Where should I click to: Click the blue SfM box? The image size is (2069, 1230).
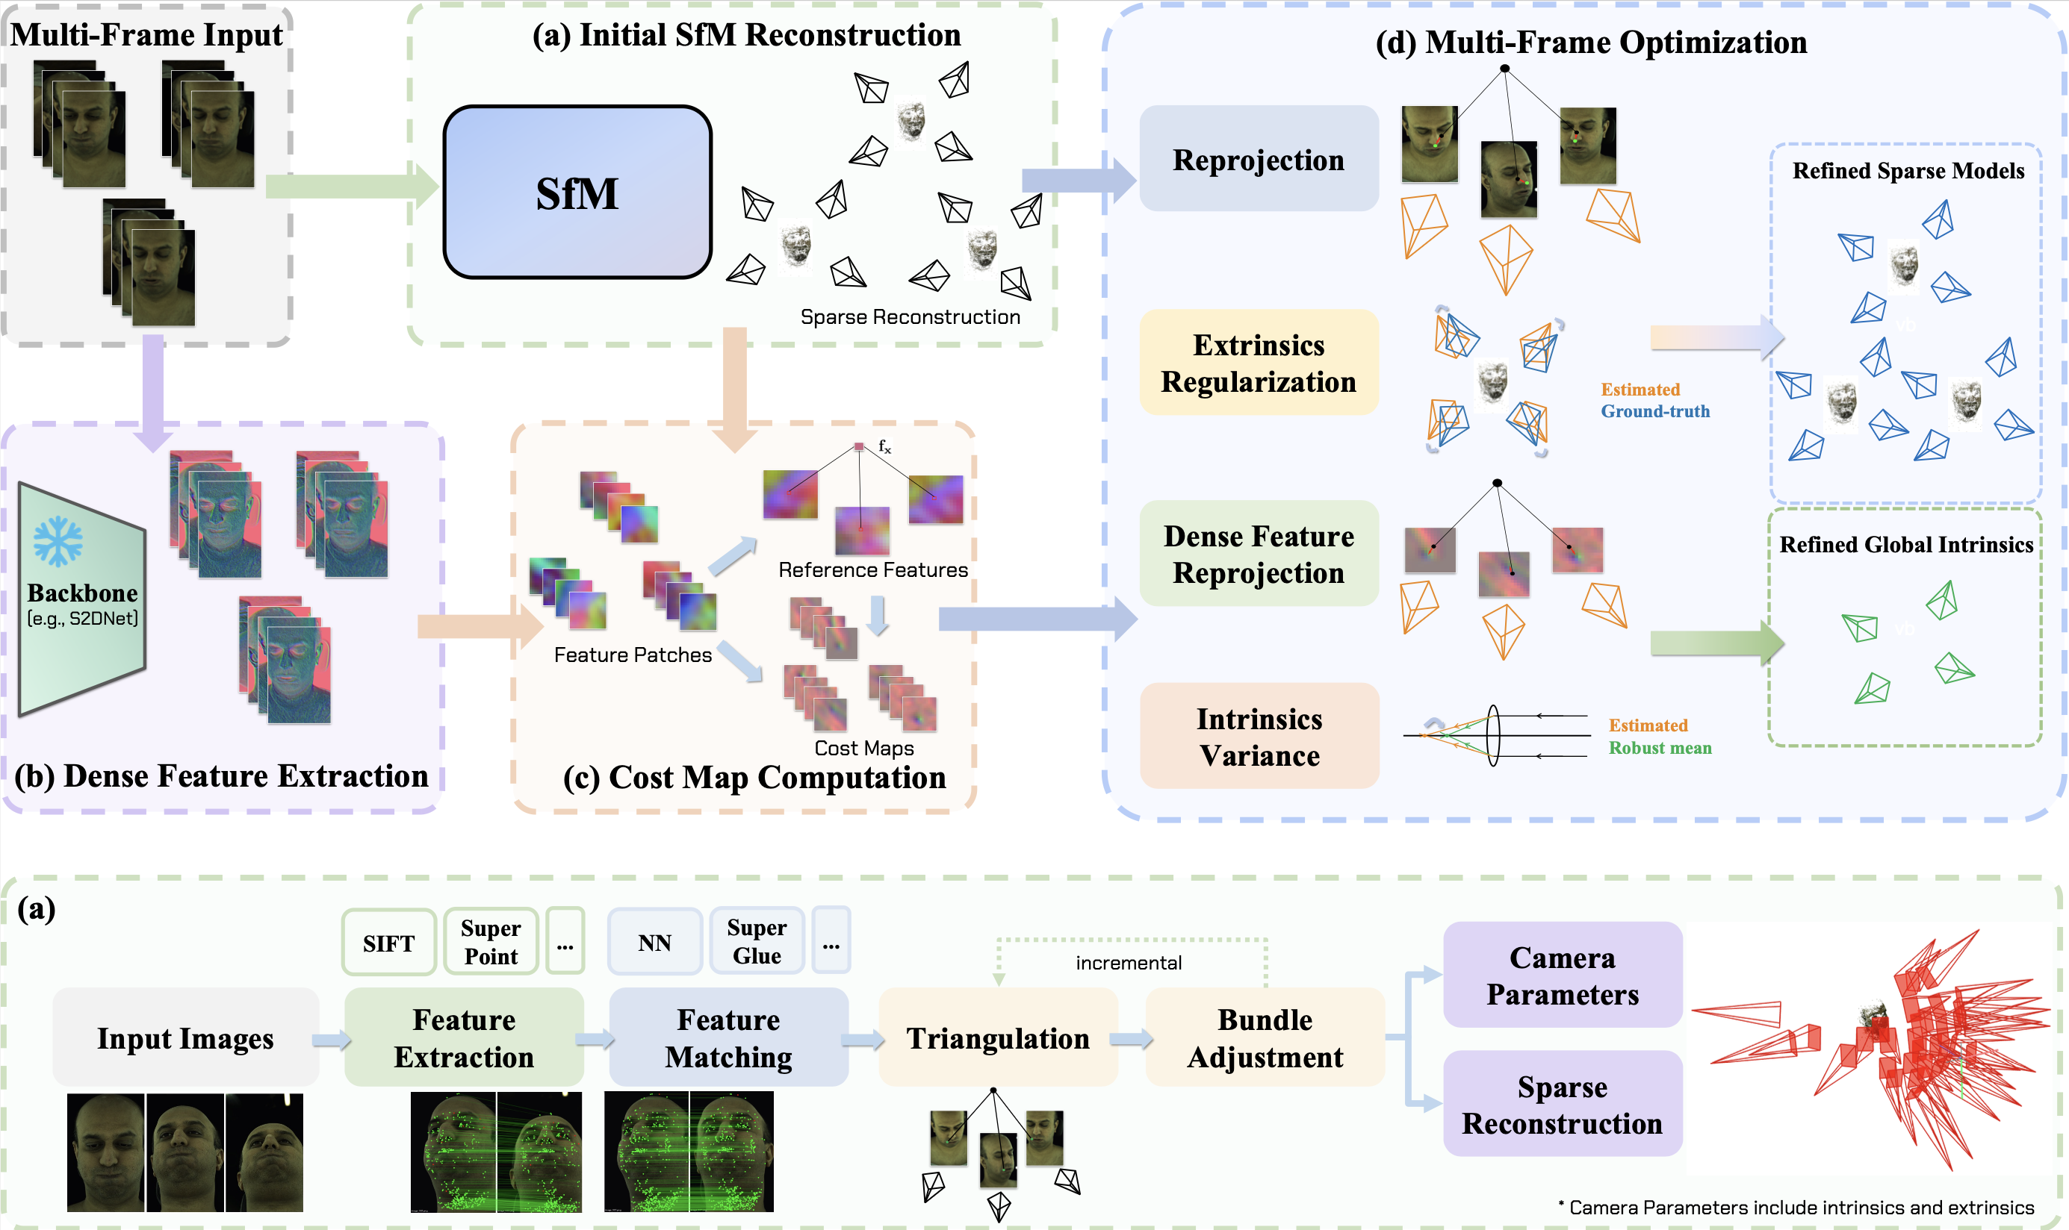pyautogui.click(x=577, y=193)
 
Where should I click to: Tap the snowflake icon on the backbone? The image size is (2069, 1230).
pyautogui.click(x=58, y=541)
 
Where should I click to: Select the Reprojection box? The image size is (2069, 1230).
pyautogui.click(x=1258, y=158)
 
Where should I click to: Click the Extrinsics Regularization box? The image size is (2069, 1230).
pyautogui.click(x=1258, y=362)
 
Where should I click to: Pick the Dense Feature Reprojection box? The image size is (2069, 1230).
pyautogui.click(x=1258, y=554)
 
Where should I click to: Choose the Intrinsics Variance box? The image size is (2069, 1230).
pyautogui.click(x=1258, y=736)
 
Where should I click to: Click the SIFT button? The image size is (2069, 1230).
pyautogui.click(x=388, y=943)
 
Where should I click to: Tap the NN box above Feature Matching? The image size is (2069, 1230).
pyautogui.click(x=654, y=942)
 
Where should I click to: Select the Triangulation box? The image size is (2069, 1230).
pyautogui.click(x=998, y=1037)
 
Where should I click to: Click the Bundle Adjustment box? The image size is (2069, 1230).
pyautogui.click(x=1265, y=1037)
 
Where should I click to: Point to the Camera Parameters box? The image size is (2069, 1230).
pyautogui.click(x=1563, y=975)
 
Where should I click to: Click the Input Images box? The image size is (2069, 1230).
pyautogui.click(x=185, y=1037)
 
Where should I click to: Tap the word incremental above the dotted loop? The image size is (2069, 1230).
pyautogui.click(x=1129, y=962)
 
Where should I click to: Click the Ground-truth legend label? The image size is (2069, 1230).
pyautogui.click(x=1655, y=411)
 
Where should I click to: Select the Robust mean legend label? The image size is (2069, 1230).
pyautogui.click(x=1660, y=748)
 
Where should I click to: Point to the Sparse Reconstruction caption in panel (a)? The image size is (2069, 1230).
pyautogui.click(x=910, y=316)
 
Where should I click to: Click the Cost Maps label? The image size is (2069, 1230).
pyautogui.click(x=864, y=748)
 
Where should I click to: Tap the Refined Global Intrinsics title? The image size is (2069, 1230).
pyautogui.click(x=1905, y=545)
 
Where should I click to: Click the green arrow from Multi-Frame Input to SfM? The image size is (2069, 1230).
pyautogui.click(x=353, y=187)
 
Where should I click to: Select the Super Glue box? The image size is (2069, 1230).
pyautogui.click(x=757, y=942)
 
